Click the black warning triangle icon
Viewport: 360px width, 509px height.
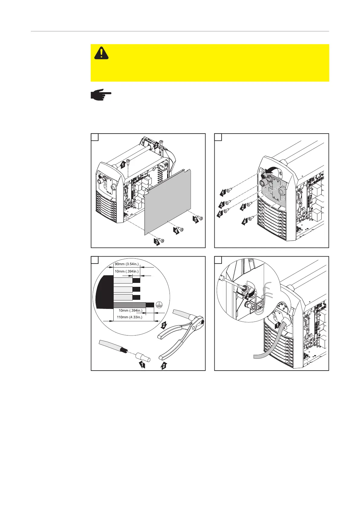tap(102, 53)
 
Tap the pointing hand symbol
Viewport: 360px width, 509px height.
tap(101, 95)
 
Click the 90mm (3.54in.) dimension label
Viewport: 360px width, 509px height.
tap(126, 264)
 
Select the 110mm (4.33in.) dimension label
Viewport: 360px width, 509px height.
tap(129, 317)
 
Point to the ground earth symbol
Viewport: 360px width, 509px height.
tap(158, 305)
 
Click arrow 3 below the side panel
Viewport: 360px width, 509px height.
tap(157, 242)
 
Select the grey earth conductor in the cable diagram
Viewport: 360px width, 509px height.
tap(129, 304)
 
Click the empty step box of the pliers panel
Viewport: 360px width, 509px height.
tap(95, 260)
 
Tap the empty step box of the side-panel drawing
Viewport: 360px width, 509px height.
tap(95, 137)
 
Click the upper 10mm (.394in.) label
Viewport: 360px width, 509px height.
tap(126, 271)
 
